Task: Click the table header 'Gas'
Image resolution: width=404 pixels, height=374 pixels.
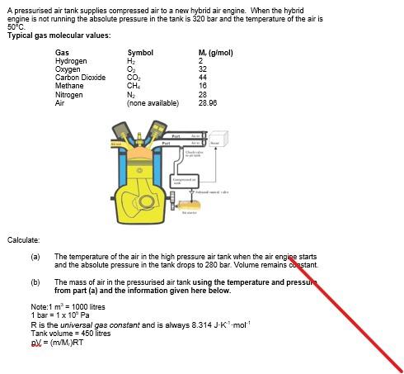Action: point(60,53)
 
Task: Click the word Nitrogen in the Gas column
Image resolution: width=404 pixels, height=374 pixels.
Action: point(69,95)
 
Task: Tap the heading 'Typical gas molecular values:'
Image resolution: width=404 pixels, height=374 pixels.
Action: point(59,35)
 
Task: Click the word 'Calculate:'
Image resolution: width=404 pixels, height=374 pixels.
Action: point(23,239)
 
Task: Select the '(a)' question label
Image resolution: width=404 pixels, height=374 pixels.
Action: point(35,257)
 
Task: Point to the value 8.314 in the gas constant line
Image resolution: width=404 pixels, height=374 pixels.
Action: point(179,324)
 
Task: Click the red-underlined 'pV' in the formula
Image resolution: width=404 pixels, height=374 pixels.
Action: point(35,343)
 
